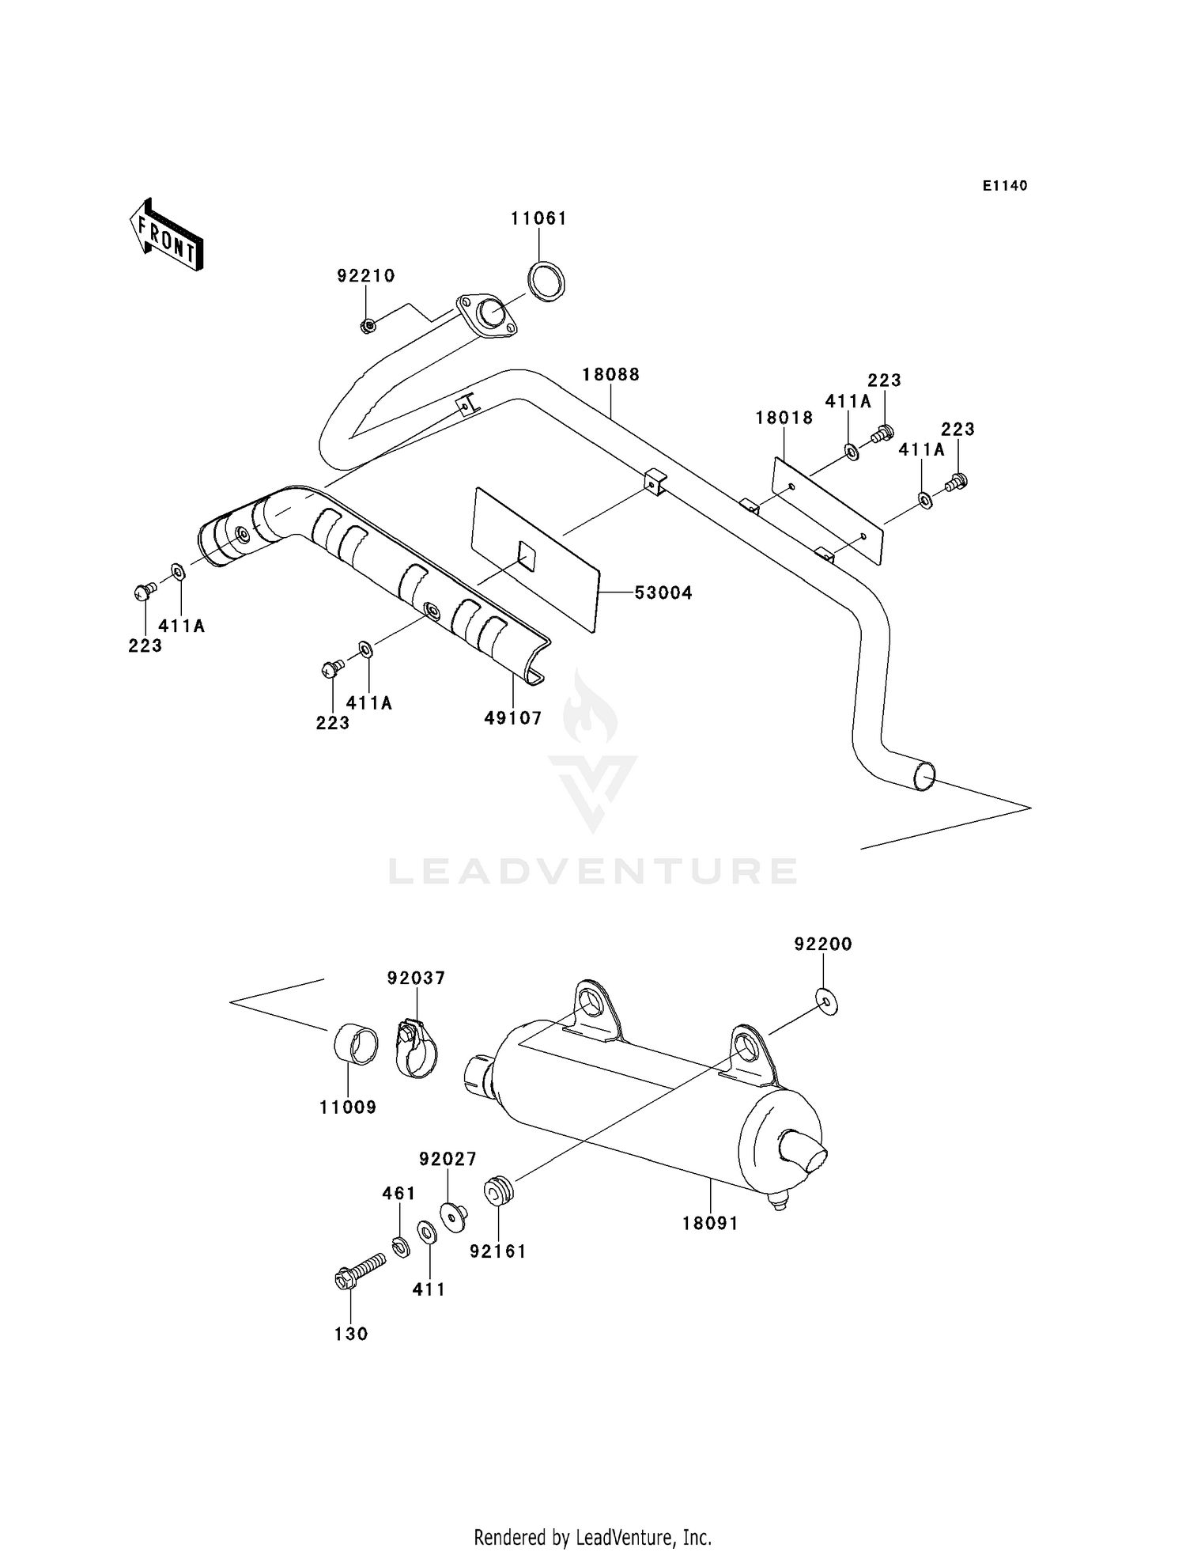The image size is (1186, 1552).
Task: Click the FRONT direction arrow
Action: coord(167,236)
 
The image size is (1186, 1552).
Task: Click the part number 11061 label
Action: coord(538,218)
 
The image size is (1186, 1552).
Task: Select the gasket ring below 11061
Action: coord(546,281)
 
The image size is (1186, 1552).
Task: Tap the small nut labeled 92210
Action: coord(367,324)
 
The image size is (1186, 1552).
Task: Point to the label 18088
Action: coord(610,374)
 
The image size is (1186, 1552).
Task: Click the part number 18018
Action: coord(784,418)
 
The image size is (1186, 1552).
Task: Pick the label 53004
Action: coord(663,592)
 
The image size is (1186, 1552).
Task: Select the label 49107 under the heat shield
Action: coord(513,717)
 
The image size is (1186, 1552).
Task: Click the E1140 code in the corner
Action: coord(1005,186)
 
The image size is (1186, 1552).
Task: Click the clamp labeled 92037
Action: coord(414,1050)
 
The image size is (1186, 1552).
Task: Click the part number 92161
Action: coord(497,1251)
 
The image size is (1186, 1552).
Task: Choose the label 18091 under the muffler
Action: coord(710,1223)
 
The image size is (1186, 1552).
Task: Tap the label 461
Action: coord(398,1193)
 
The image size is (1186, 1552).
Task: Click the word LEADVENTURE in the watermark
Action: coord(592,871)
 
